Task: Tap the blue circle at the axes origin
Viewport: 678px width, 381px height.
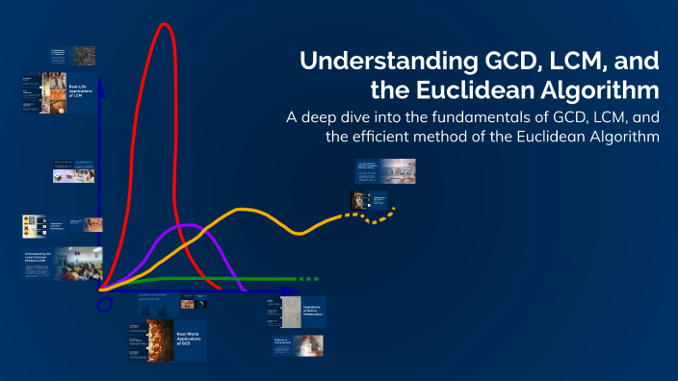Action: [104, 305]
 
